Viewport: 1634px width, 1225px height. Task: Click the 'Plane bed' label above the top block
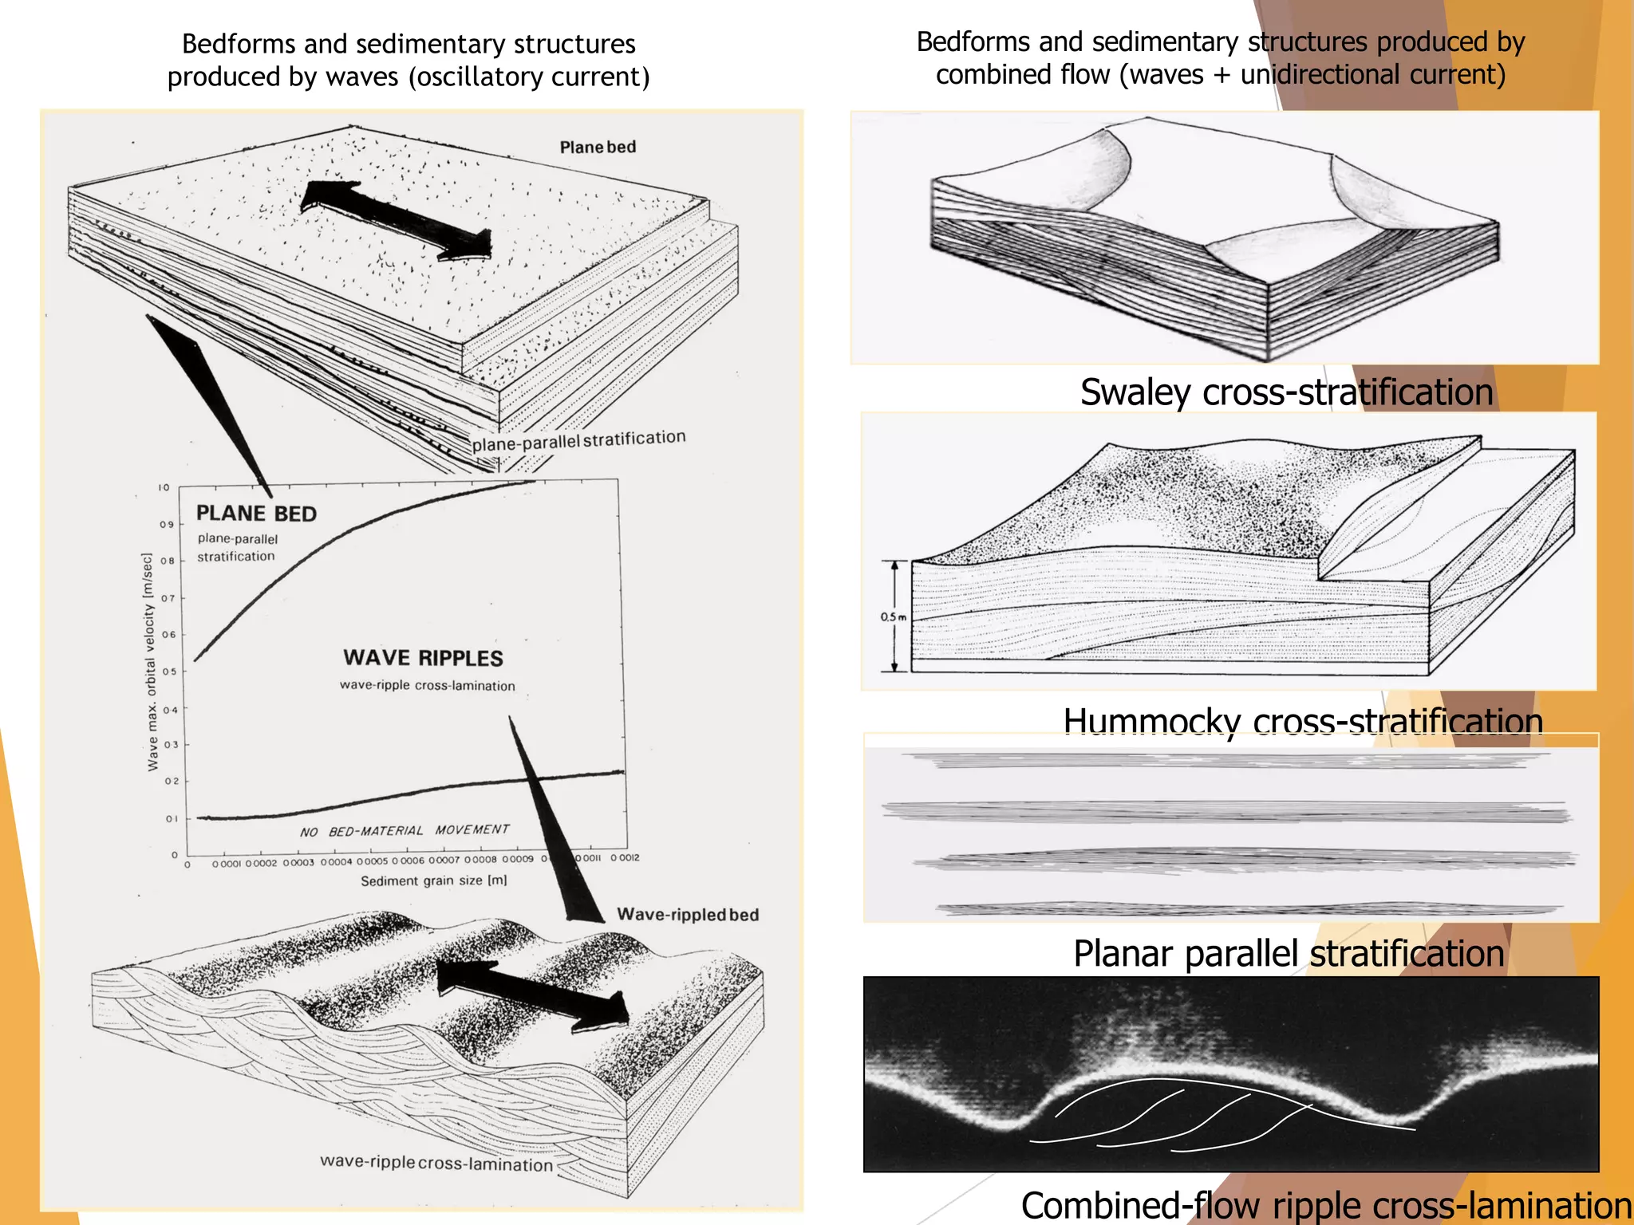598,147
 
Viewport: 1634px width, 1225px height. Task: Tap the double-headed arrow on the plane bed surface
397,219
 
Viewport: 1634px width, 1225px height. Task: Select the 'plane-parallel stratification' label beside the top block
578,440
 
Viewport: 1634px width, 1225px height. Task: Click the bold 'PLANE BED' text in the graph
256,514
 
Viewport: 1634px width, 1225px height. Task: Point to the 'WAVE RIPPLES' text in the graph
423,658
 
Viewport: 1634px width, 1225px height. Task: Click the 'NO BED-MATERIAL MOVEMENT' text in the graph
405,831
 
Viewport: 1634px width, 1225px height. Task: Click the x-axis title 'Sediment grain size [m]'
433,880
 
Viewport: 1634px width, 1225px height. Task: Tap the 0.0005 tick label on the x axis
372,861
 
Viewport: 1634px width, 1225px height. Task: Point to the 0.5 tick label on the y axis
169,672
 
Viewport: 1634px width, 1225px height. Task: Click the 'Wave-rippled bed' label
688,915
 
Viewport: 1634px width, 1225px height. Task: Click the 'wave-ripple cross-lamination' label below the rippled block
436,1163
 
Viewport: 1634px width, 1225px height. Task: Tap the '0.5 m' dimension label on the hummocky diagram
893,616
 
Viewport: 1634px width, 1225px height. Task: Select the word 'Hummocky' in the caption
1152,721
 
